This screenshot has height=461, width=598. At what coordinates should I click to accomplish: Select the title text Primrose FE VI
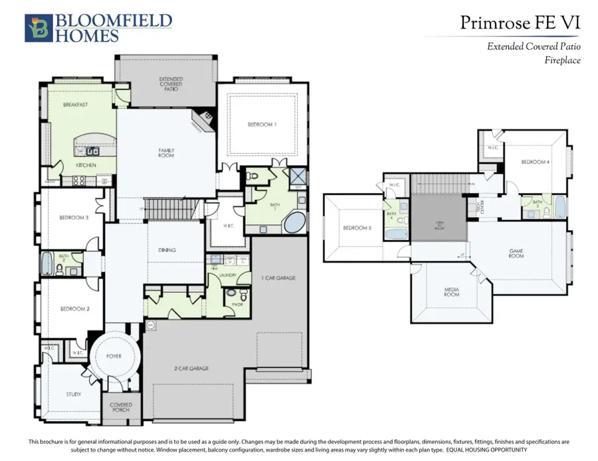(x=520, y=23)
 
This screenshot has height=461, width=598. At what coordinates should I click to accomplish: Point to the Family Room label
(x=166, y=153)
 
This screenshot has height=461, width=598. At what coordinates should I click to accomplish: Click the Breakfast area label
(x=76, y=105)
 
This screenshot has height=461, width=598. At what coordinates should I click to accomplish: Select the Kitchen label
(x=86, y=165)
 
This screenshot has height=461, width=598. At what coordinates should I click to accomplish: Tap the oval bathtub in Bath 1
(x=294, y=222)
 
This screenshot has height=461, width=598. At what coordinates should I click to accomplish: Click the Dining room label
(x=167, y=250)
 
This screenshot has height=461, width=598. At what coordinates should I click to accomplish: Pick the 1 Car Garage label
(x=278, y=277)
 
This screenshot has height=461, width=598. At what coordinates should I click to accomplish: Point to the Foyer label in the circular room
(x=114, y=356)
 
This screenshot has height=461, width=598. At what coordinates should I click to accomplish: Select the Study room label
(x=74, y=395)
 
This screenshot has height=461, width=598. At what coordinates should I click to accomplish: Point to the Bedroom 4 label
(x=534, y=162)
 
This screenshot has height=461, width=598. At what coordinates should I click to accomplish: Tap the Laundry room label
(x=229, y=273)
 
